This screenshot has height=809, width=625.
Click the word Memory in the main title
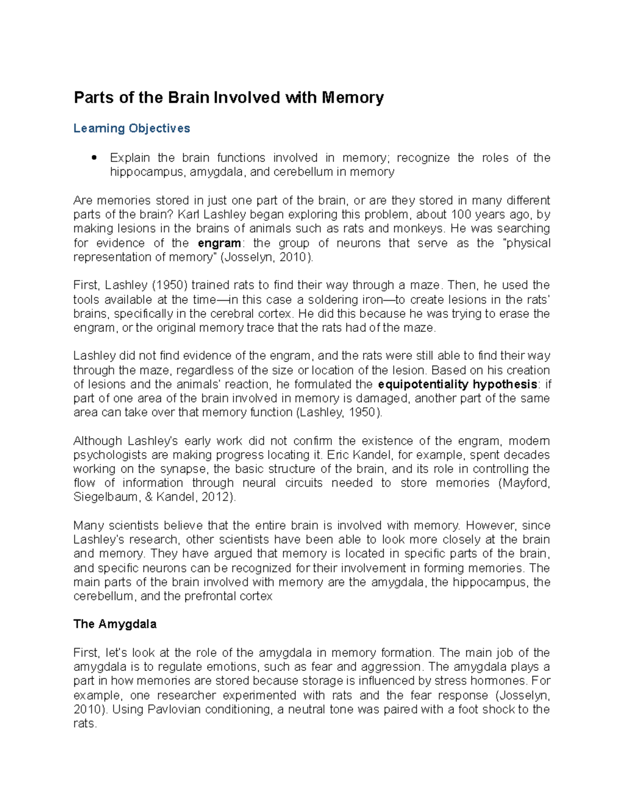(x=353, y=98)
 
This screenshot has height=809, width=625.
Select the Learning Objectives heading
(x=132, y=129)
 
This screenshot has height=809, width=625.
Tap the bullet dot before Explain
(x=94, y=158)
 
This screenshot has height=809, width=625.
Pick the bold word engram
(x=219, y=243)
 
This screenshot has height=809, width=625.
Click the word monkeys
(x=419, y=229)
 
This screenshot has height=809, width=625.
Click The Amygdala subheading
(x=115, y=625)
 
